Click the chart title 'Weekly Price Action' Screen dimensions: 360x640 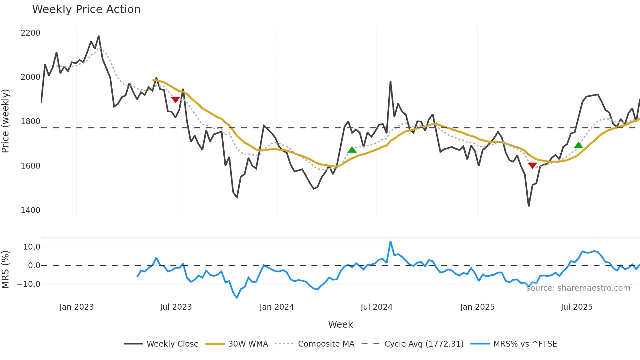pos(86,9)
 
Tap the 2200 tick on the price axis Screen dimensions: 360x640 pos(30,33)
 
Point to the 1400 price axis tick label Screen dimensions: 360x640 pos(30,210)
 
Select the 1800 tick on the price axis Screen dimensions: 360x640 pos(30,122)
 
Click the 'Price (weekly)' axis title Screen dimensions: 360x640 pos(6,121)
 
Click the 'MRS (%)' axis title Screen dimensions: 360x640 pos(6,270)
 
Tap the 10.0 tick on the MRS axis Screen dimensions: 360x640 pos(32,247)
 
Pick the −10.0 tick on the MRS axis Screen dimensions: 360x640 pos(29,284)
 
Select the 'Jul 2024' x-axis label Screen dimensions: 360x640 pos(376,307)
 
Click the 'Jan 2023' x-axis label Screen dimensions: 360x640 pos(76,307)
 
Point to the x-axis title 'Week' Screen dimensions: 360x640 pos(340,324)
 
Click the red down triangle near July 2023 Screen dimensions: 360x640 pos(175,99)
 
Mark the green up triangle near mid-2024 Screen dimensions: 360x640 pos(352,150)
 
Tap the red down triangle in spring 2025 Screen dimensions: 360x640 pos(532,165)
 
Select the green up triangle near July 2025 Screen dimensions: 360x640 pos(579,145)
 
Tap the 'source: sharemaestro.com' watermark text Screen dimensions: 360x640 pos(578,288)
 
